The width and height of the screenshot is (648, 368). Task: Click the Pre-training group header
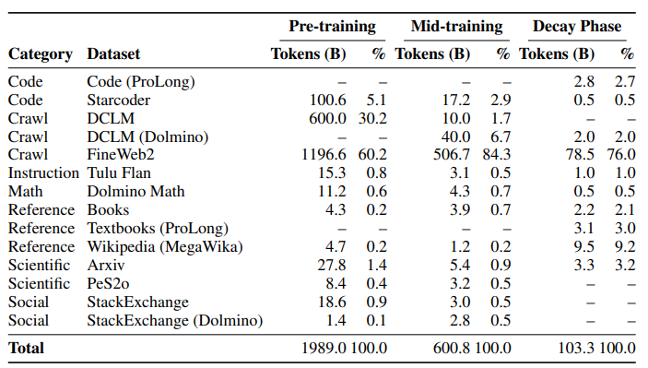pyautogui.click(x=332, y=27)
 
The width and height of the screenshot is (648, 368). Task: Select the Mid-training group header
pyautogui.click(x=456, y=27)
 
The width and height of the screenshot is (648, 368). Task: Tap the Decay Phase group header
pyautogui.click(x=577, y=27)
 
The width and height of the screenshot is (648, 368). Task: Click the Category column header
pyautogui.click(x=41, y=54)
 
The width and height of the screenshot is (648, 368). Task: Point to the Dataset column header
pyautogui.click(x=113, y=53)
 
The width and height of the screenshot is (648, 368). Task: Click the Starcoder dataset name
pyautogui.click(x=119, y=100)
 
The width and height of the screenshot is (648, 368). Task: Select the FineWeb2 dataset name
pyautogui.click(x=121, y=154)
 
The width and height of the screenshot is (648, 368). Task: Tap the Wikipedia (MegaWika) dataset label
pyautogui.click(x=165, y=247)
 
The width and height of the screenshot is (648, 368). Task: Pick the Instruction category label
pyautogui.click(x=43, y=172)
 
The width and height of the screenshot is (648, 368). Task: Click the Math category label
pyautogui.click(x=25, y=192)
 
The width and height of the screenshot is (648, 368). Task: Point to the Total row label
pyautogui.click(x=26, y=348)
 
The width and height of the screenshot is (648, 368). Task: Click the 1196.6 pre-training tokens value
pyautogui.click(x=324, y=154)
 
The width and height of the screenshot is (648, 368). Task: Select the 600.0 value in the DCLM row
pyautogui.click(x=328, y=119)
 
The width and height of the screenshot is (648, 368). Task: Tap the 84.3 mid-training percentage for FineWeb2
pyautogui.click(x=497, y=154)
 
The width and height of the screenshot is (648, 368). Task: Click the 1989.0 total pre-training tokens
pyautogui.click(x=324, y=348)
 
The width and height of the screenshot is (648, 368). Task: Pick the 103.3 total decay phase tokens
pyautogui.click(x=576, y=348)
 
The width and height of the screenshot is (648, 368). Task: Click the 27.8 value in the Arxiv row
pyautogui.click(x=332, y=265)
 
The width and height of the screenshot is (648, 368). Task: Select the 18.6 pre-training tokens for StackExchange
pyautogui.click(x=332, y=302)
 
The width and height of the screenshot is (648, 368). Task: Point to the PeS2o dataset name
pyautogui.click(x=108, y=284)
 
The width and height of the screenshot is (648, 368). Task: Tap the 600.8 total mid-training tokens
pyautogui.click(x=452, y=348)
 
